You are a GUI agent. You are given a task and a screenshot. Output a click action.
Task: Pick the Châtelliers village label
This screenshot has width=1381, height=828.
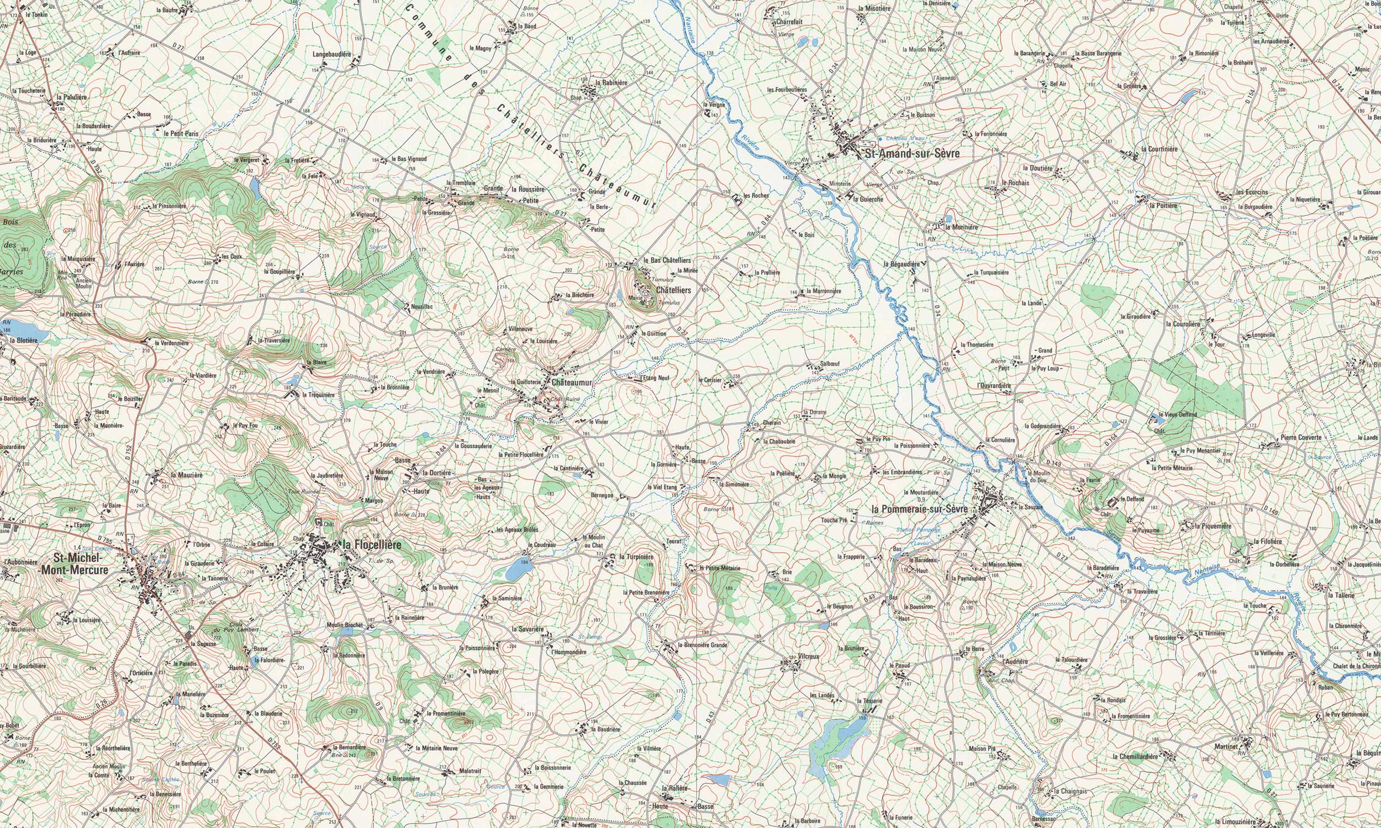[673, 290]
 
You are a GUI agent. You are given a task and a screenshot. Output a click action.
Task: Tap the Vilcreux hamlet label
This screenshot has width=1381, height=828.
[808, 656]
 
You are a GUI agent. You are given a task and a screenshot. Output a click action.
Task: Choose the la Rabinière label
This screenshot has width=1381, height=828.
[612, 83]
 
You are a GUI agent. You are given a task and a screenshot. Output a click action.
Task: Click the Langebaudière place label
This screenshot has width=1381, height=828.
[331, 55]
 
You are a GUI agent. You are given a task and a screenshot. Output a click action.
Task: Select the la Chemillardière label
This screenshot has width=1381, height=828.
[1135, 757]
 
